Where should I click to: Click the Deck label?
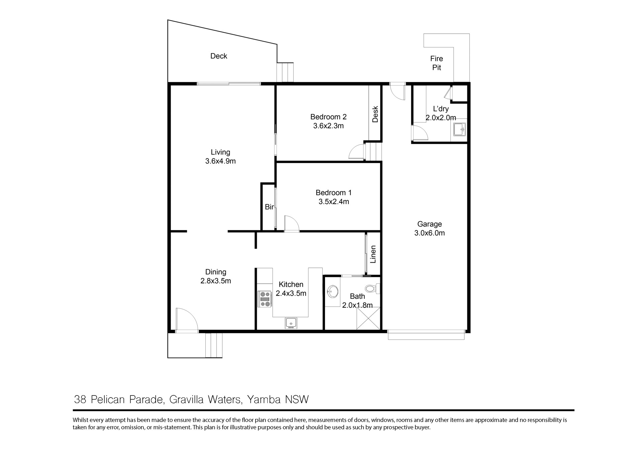click(x=219, y=56)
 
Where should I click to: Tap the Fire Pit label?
click(x=437, y=63)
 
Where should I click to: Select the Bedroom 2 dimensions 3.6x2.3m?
click(x=328, y=126)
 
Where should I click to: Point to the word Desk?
click(x=375, y=114)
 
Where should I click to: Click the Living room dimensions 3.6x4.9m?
click(x=220, y=161)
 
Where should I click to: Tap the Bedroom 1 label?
click(x=334, y=192)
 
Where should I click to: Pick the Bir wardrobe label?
click(x=269, y=207)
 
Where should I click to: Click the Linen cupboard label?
click(x=373, y=254)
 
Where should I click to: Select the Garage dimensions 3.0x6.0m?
click(x=430, y=233)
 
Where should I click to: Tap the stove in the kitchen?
click(x=265, y=299)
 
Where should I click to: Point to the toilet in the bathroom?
click(x=372, y=288)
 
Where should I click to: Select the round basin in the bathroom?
click(x=333, y=291)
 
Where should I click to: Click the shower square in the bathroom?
click(x=368, y=318)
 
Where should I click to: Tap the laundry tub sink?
click(x=459, y=129)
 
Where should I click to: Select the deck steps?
click(x=285, y=72)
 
